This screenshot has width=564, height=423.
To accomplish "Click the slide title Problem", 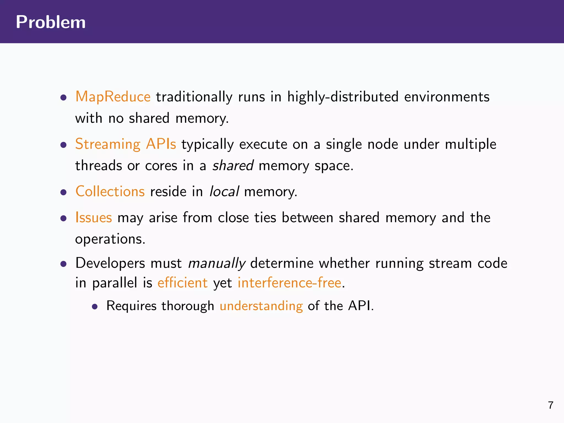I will (51, 22).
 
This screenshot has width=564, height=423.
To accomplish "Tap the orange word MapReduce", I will (113, 97).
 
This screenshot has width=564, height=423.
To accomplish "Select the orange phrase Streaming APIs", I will (126, 144).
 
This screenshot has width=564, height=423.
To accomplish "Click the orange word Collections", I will (110, 191).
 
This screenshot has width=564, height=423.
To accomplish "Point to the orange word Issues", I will (94, 218).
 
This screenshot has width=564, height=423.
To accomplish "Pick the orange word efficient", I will (182, 283).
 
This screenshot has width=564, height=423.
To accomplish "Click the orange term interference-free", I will (289, 283).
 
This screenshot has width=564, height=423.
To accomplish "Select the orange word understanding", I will (261, 306).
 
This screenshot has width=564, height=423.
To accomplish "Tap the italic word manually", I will (216, 263).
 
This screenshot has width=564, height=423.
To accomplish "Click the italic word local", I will (224, 191).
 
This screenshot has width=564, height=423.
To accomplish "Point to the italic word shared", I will (233, 166).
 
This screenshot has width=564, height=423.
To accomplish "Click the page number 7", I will (551, 405).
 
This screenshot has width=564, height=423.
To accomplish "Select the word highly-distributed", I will (343, 97).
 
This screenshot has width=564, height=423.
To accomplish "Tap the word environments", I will (447, 97).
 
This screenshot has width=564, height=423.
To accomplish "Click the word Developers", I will (110, 263).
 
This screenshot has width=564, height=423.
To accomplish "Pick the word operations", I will (110, 239).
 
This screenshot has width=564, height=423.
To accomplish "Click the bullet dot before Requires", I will (95, 307).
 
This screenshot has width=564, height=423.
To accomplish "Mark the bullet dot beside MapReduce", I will (64, 97).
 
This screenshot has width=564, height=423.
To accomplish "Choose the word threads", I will (99, 166).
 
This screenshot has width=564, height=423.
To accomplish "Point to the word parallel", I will (114, 283).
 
